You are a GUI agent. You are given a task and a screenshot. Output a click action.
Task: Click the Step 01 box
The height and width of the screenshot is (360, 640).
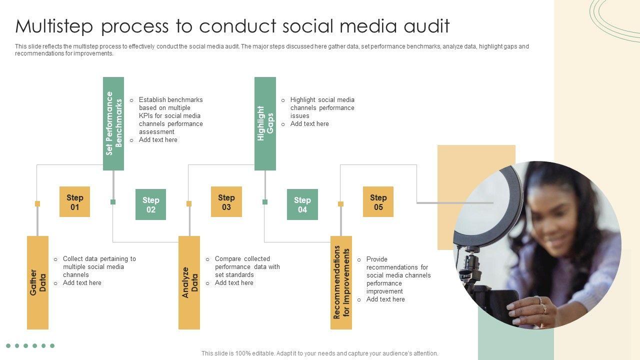click(x=74, y=202)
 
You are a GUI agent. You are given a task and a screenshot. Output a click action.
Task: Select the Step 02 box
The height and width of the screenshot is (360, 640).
click(x=150, y=204)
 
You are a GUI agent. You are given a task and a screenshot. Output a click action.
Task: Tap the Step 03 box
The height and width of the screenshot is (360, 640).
click(x=226, y=202)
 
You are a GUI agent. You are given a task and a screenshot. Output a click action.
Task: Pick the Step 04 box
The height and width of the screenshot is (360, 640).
click(x=302, y=204)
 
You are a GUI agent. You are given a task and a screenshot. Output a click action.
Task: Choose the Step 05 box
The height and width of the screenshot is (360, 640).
click(x=378, y=202)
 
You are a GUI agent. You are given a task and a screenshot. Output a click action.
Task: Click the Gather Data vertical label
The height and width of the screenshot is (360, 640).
click(x=37, y=282)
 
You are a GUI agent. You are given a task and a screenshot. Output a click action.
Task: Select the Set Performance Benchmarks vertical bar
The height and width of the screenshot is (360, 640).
click(x=113, y=123)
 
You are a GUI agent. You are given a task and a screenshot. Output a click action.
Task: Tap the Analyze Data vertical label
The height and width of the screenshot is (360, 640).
click(x=189, y=282)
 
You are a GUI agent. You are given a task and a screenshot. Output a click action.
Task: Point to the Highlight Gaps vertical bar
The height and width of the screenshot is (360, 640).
click(x=265, y=123)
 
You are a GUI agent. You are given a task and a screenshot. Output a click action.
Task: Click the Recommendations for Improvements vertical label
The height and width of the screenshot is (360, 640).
click(x=341, y=282)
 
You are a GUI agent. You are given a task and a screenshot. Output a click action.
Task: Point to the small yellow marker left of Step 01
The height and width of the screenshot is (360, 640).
click(x=37, y=203)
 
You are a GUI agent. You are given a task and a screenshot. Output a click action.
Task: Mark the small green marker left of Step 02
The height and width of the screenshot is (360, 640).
click(x=113, y=202)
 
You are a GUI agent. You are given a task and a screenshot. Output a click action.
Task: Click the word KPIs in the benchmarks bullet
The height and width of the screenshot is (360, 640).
click(x=146, y=116)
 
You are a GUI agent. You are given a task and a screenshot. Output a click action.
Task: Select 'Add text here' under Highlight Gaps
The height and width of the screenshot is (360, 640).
click(x=309, y=124)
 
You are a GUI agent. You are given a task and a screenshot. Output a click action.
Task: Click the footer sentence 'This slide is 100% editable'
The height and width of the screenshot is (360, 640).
click(x=319, y=353)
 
